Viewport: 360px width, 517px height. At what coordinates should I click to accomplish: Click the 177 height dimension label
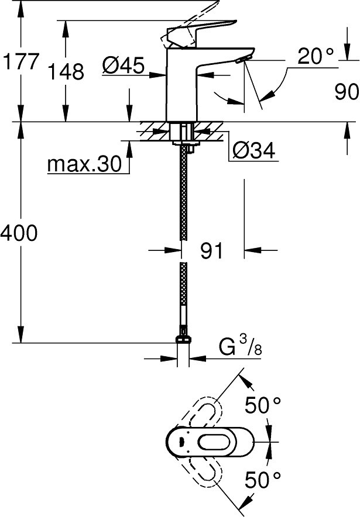21,61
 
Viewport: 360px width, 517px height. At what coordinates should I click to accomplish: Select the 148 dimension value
66,71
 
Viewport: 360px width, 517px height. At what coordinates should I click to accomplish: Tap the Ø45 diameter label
123,65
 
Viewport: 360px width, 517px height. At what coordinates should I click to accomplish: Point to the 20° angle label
316,56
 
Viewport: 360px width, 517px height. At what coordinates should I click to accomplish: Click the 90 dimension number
347,92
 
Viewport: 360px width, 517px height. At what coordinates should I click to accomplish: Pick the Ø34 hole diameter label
253,151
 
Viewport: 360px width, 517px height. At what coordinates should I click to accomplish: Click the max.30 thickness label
84,164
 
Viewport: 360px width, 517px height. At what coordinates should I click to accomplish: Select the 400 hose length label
19,233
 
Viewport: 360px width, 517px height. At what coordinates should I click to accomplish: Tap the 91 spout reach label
212,250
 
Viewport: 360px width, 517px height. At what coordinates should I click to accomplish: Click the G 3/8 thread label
241,347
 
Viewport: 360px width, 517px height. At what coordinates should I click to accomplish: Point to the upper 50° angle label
263,405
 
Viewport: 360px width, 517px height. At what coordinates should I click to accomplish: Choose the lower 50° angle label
263,479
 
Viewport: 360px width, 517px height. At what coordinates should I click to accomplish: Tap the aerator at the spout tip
243,58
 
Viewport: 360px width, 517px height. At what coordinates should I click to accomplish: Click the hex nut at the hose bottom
184,339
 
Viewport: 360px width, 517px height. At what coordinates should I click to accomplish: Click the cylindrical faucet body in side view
181,85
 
